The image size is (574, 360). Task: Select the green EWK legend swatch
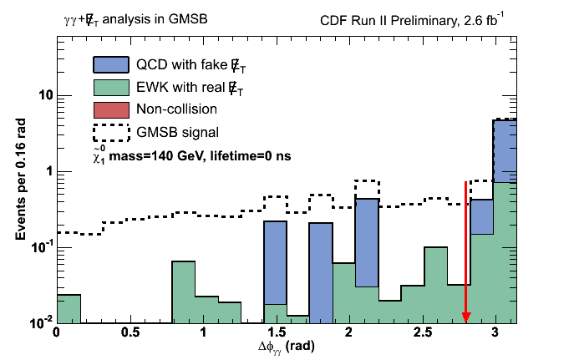[109, 88]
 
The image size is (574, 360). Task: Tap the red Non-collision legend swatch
[109, 109]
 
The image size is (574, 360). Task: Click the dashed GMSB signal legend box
[109, 131]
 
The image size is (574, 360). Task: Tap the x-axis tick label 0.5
[129, 332]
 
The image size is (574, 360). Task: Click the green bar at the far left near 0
[69, 308]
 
